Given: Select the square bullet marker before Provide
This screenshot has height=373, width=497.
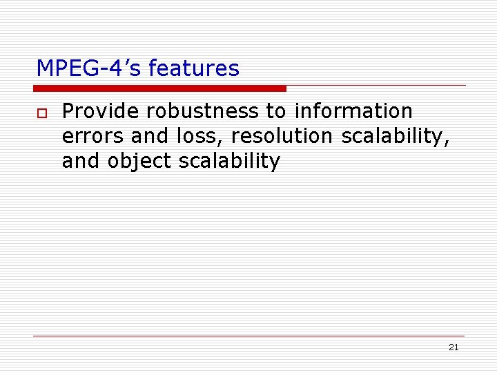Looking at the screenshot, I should click(x=42, y=113).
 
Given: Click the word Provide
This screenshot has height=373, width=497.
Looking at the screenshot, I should click(x=101, y=111).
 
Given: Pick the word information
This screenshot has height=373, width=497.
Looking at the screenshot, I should click(x=353, y=111).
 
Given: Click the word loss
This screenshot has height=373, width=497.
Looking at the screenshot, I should click(x=197, y=136).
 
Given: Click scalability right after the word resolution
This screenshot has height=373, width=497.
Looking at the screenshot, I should click(x=395, y=137).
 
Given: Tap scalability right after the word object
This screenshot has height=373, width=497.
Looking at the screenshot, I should click(x=229, y=162).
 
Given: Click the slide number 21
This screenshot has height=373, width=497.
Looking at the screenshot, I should click(x=453, y=347).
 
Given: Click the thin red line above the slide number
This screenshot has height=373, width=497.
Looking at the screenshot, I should click(x=248, y=336).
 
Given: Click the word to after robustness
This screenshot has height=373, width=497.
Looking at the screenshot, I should click(x=275, y=111).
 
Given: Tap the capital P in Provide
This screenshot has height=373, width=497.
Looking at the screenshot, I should click(x=67, y=111).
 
